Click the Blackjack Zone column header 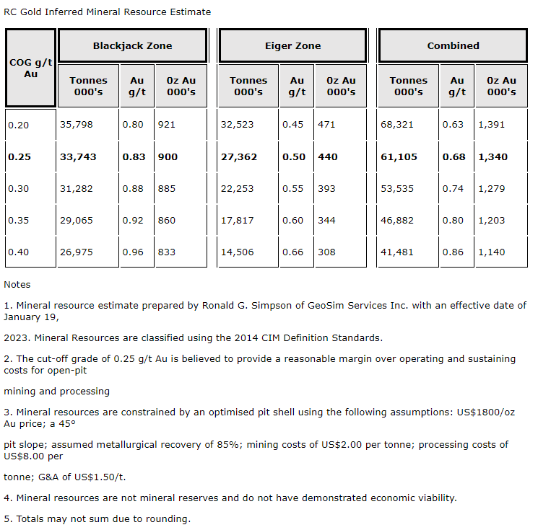point(132,45)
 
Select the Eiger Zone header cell point(292,45)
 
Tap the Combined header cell point(453,45)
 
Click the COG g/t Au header point(30,68)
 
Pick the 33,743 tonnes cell point(77,156)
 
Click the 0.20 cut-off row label point(19,125)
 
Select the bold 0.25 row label point(19,156)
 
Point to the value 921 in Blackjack point(166,125)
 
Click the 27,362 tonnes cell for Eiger point(238,156)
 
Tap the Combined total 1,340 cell point(493,156)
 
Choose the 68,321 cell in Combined point(396,125)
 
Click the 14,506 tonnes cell point(237,252)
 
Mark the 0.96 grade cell point(133,252)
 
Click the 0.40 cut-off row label point(19,252)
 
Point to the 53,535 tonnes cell point(396,188)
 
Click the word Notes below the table point(17,285)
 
